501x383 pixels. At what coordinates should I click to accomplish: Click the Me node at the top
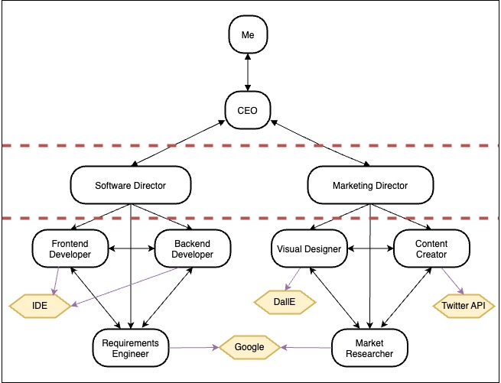point(248,34)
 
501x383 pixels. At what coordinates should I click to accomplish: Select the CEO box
point(248,110)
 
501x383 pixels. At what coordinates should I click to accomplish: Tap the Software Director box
point(131,185)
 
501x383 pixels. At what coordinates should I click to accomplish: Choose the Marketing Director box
point(370,185)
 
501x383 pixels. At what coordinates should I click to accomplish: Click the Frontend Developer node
point(70,248)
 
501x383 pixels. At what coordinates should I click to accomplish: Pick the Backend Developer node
point(192,248)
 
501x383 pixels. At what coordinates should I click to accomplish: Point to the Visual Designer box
point(309,248)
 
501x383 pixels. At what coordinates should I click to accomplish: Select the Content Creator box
point(431,248)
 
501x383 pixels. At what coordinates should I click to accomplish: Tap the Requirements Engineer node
point(131,348)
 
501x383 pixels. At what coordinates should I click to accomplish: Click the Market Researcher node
point(369,348)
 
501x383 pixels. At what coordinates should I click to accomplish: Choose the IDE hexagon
point(40,306)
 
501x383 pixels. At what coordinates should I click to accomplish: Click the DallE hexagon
point(285,302)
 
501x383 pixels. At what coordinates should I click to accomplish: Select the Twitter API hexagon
point(464,306)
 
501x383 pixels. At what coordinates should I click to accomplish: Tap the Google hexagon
point(249,347)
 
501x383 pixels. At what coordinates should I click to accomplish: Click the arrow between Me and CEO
point(248,72)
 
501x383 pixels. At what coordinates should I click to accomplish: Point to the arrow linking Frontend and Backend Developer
point(132,248)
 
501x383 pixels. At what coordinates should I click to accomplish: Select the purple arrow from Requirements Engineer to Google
point(194,348)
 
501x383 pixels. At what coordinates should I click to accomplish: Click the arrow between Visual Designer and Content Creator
point(370,248)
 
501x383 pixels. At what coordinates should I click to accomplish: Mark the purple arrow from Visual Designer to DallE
point(293,279)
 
